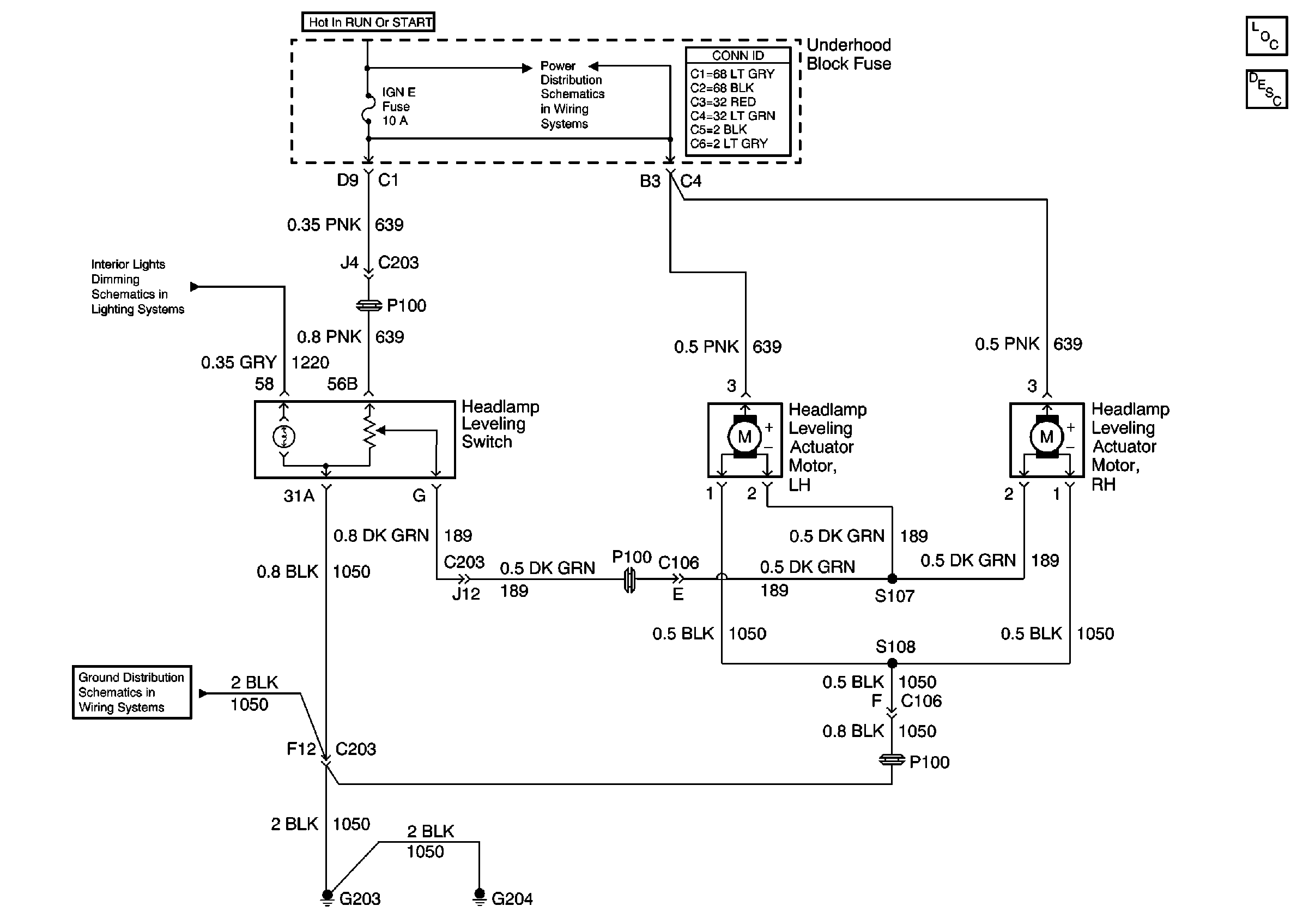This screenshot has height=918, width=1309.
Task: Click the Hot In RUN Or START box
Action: (x=368, y=22)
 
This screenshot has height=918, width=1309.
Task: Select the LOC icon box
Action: (x=1266, y=37)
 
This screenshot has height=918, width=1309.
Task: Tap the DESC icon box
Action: (x=1266, y=89)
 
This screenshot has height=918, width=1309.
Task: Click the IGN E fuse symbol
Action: (x=368, y=108)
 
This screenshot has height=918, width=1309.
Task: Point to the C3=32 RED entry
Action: (x=723, y=102)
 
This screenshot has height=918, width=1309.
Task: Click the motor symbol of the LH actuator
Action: (x=744, y=437)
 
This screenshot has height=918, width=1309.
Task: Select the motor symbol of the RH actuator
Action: (x=1046, y=437)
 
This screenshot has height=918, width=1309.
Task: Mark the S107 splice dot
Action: (x=892, y=579)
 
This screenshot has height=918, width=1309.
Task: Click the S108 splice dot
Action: (x=892, y=663)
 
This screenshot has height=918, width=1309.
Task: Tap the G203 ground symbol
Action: (x=327, y=897)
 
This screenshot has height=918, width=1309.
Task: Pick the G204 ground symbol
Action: (x=480, y=897)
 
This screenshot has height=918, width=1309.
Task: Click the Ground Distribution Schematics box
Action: (x=132, y=692)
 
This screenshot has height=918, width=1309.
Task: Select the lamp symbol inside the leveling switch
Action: (x=284, y=437)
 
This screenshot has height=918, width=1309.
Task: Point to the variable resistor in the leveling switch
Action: (x=369, y=433)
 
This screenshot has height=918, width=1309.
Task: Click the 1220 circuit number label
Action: (x=310, y=363)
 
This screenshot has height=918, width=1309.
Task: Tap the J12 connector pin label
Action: (x=466, y=594)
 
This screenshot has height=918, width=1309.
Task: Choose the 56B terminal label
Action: (x=342, y=384)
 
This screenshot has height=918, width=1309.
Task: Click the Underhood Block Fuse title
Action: (x=849, y=54)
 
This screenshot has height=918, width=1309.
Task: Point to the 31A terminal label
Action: (x=299, y=496)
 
